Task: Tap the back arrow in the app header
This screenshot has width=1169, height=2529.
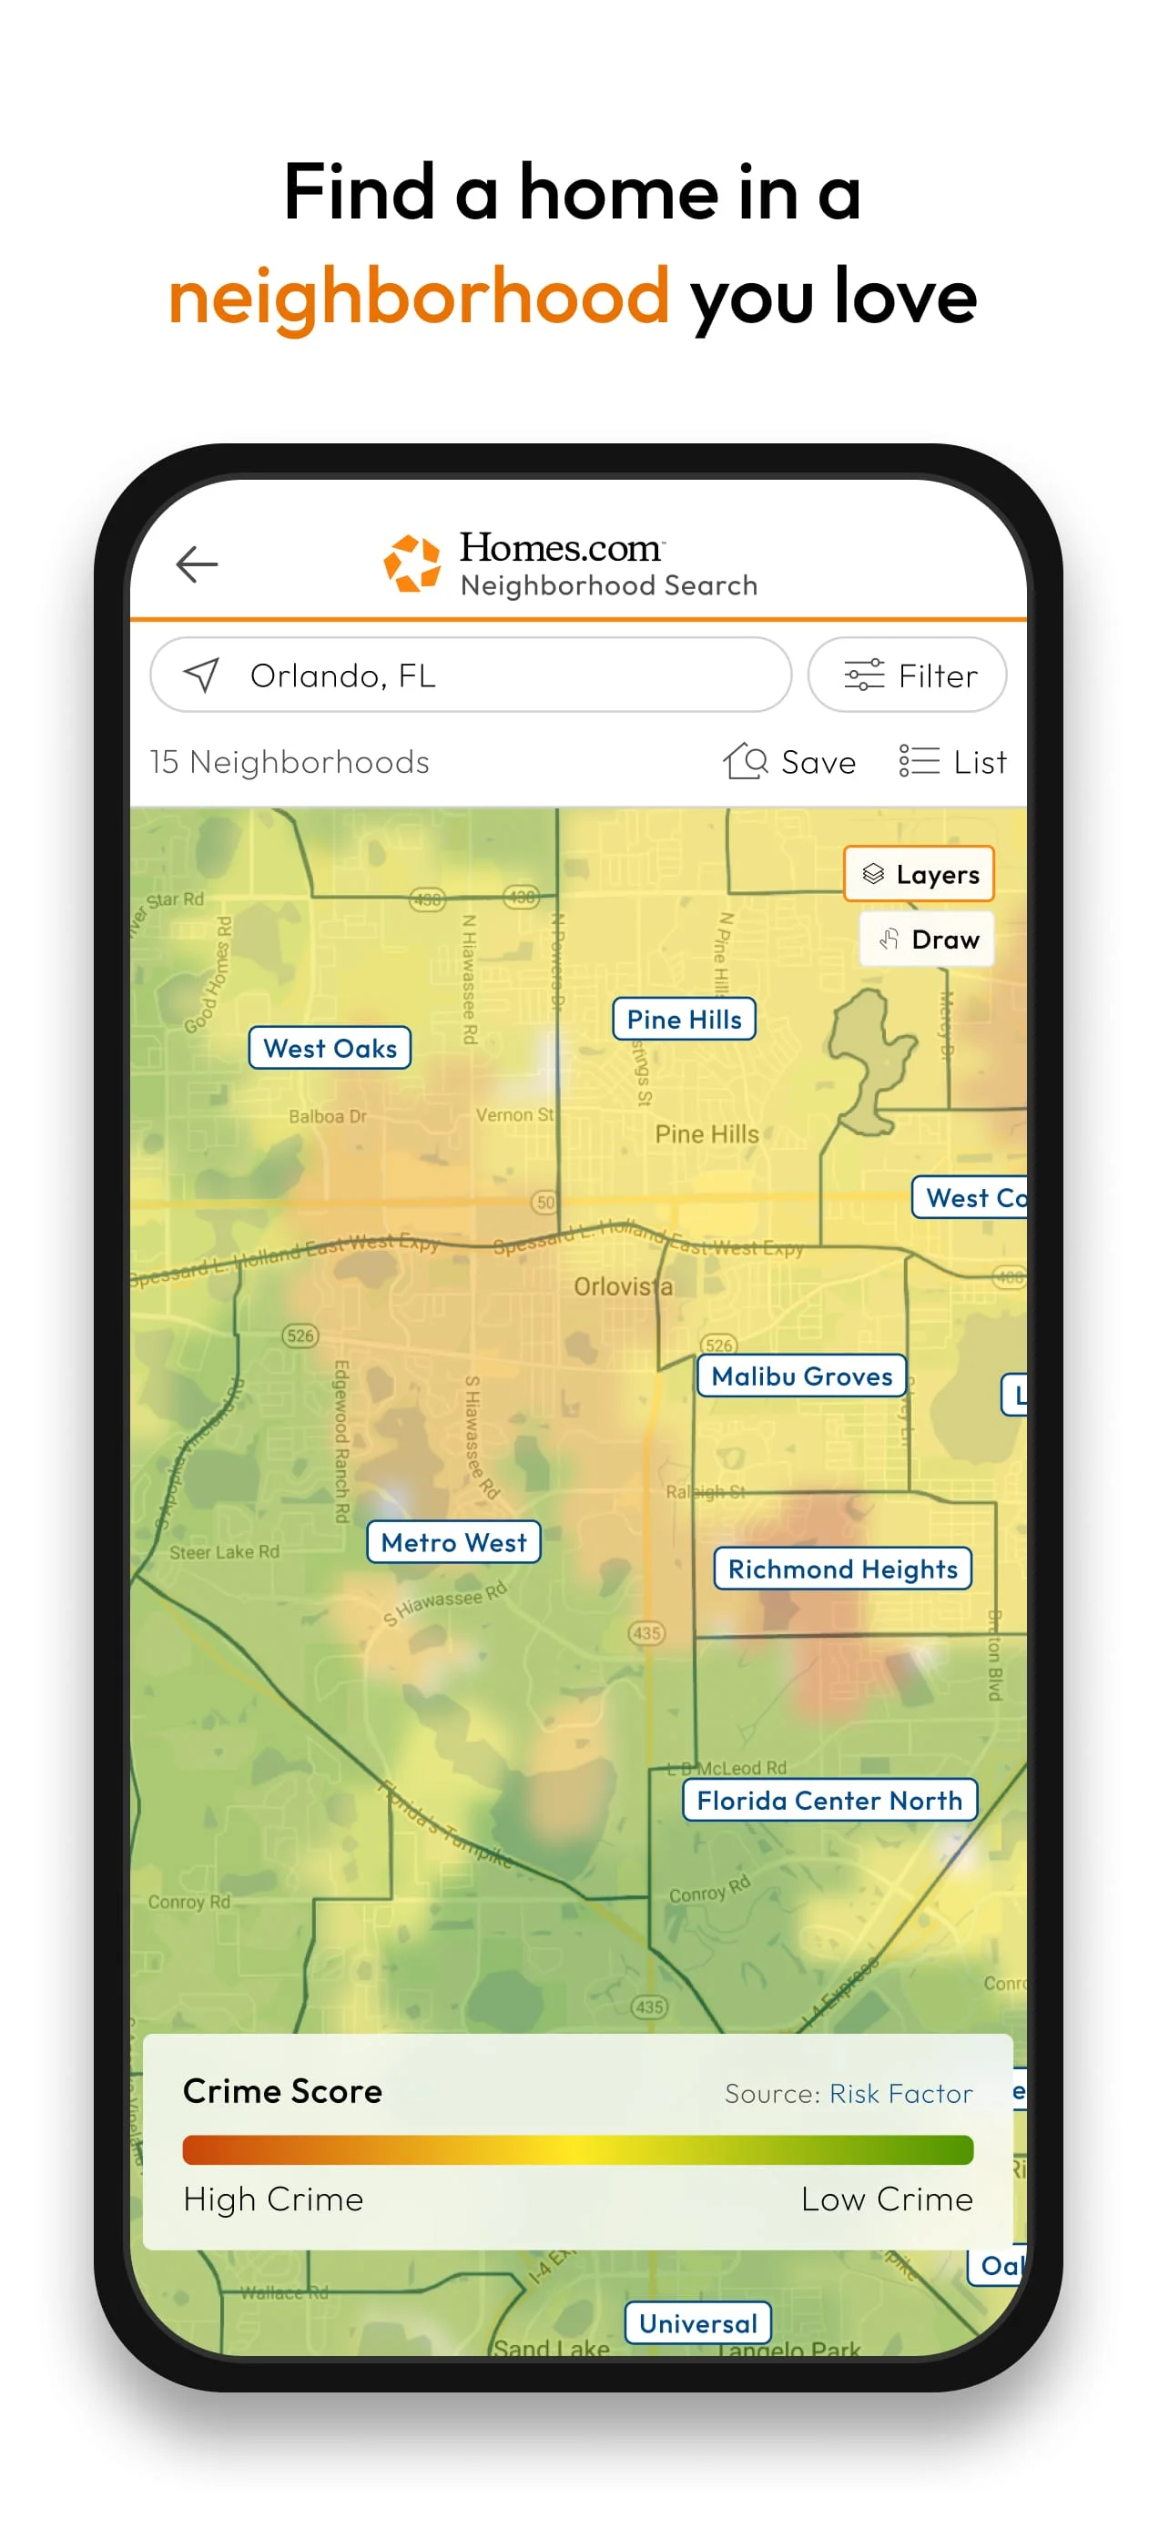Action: click(197, 564)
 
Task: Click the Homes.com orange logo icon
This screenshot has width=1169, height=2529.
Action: click(412, 564)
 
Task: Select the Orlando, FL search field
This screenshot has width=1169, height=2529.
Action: click(470, 675)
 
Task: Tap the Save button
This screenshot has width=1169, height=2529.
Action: click(790, 762)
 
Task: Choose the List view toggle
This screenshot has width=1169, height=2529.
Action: click(953, 762)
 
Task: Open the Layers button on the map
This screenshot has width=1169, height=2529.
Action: click(919, 874)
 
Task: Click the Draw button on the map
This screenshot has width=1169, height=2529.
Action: click(927, 939)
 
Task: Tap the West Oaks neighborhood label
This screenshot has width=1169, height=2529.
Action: click(330, 1049)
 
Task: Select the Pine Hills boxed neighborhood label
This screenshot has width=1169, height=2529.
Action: click(684, 1019)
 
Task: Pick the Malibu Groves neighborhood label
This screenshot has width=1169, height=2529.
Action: click(801, 1376)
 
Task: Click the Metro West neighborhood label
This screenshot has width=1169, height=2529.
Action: click(453, 1542)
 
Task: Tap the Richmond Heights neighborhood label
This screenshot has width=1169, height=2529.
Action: click(842, 1569)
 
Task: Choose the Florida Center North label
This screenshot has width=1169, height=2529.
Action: click(829, 1801)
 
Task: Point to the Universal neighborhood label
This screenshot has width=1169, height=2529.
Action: click(698, 2323)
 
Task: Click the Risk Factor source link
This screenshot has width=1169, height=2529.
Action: click(901, 2093)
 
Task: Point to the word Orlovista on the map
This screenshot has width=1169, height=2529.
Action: click(624, 1286)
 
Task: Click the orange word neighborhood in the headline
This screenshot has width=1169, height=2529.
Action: click(419, 296)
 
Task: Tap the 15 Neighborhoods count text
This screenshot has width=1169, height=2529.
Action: click(290, 762)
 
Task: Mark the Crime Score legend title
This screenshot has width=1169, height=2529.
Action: click(282, 2091)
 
